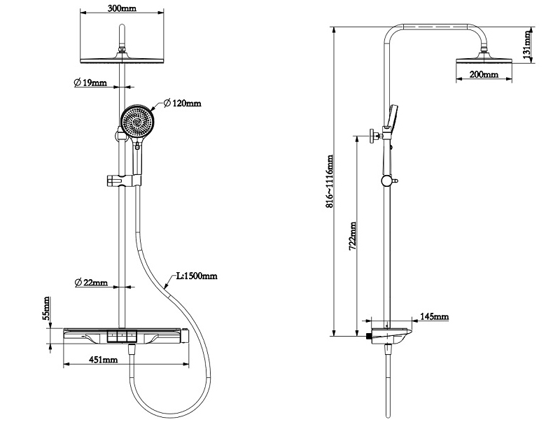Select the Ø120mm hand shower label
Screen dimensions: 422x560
click(x=183, y=104)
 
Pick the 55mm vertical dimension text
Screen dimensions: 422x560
click(x=47, y=308)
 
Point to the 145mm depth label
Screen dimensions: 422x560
click(x=434, y=317)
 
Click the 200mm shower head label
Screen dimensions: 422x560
click(x=483, y=74)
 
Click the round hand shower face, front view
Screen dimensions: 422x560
click(x=139, y=122)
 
